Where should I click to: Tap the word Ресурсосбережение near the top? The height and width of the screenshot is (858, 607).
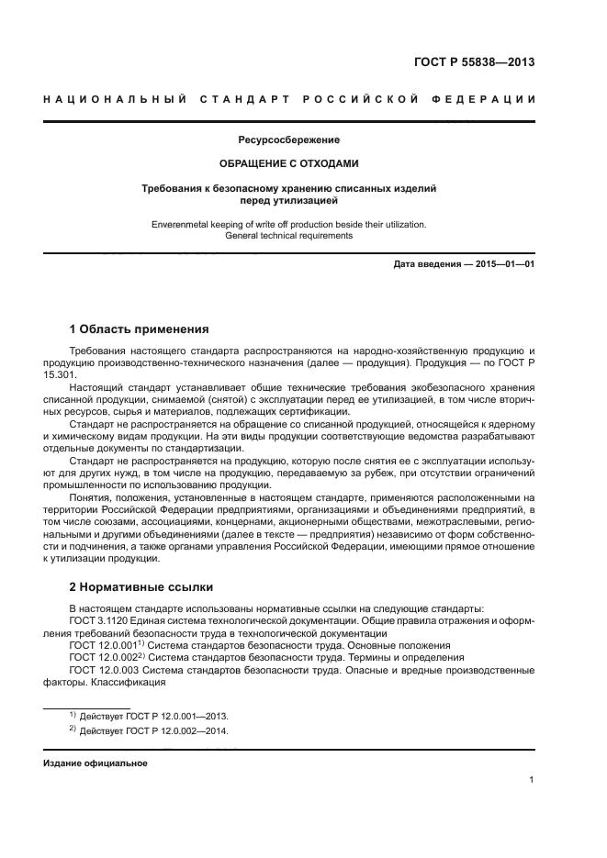pos(288,140)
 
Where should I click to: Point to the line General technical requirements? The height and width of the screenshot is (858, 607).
pos(288,236)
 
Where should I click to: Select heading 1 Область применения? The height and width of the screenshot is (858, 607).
pos(140,329)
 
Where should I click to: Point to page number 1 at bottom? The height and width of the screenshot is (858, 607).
pos(532,780)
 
